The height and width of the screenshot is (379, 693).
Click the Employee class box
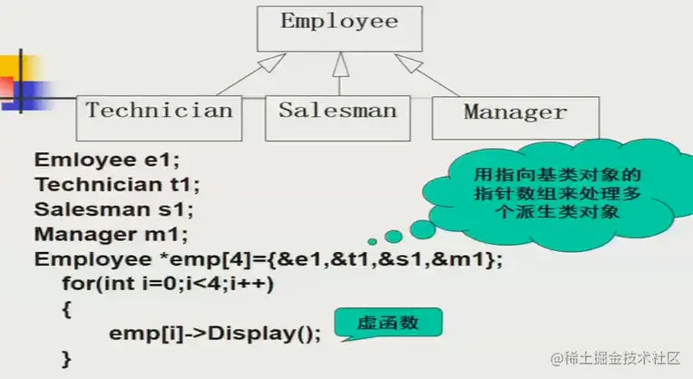[339, 27]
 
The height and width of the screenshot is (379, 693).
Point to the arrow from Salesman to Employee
[339, 73]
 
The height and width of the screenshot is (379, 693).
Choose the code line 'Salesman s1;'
[113, 209]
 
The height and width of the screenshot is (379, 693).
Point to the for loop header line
[168, 284]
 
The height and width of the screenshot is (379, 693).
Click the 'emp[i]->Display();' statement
[215, 333]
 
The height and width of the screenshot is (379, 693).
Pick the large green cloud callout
[545, 190]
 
